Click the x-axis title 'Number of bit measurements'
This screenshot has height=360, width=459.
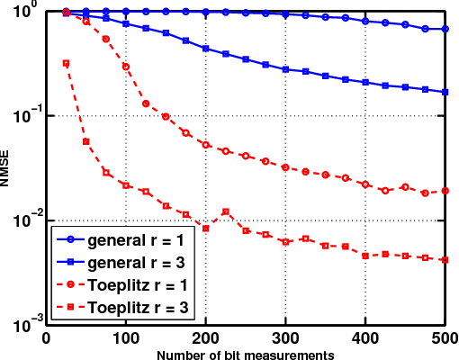[x=245, y=354]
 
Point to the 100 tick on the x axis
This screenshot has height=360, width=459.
[x=126, y=337]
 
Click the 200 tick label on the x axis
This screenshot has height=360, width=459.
[x=206, y=337]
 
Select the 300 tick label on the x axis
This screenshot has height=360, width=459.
[x=285, y=337]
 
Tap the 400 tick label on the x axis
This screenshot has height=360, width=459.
[x=365, y=337]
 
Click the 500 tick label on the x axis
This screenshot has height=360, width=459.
[x=444, y=337]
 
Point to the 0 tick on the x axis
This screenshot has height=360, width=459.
[x=47, y=337]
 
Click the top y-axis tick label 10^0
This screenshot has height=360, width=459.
[x=26, y=12]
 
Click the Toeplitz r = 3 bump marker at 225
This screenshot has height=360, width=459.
[x=225, y=211]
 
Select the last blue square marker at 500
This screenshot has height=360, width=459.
[x=445, y=92]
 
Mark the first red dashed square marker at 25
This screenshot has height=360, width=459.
[x=66, y=63]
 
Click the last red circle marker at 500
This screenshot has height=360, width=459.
[x=445, y=191]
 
